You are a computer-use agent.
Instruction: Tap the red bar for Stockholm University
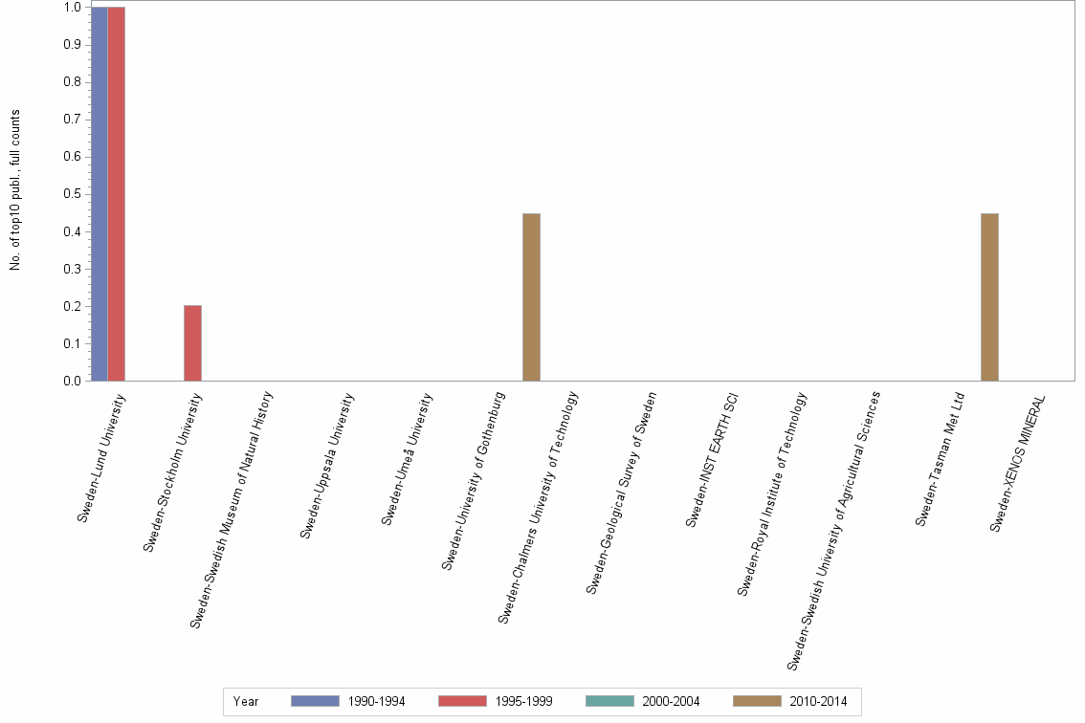pyautogui.click(x=192, y=342)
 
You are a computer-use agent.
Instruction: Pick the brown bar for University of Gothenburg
pyautogui.click(x=531, y=296)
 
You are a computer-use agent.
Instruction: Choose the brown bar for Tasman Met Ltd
pyautogui.click(x=989, y=296)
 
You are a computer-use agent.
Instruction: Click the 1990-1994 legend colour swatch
pyautogui.click(x=315, y=701)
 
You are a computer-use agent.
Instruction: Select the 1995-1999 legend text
pyautogui.click(x=523, y=701)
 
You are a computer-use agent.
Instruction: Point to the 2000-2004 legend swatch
pyautogui.click(x=609, y=701)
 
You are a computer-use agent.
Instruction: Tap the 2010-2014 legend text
pyautogui.click(x=818, y=701)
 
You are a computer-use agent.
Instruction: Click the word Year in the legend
pyautogui.click(x=246, y=701)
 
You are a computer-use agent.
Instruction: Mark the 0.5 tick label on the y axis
pyautogui.click(x=72, y=194)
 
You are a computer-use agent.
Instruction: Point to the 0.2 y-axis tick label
pyautogui.click(x=72, y=306)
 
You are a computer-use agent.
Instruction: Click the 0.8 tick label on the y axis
pyautogui.click(x=72, y=82)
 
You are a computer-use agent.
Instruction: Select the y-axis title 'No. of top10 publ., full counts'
pyautogui.click(x=15, y=189)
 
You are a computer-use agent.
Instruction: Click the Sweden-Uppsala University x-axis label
pyautogui.click(x=327, y=465)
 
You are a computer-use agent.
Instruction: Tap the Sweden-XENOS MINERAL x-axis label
pyautogui.click(x=1018, y=463)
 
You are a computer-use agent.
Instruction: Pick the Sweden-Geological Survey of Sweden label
pyautogui.click(x=622, y=492)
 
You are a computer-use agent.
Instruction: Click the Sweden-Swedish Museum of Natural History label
pyautogui.click(x=232, y=509)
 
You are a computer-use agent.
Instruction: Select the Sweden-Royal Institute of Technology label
pyautogui.click(x=772, y=493)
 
